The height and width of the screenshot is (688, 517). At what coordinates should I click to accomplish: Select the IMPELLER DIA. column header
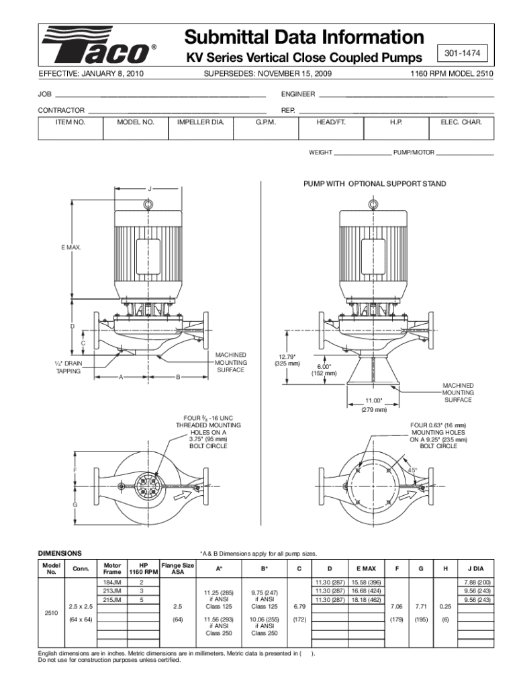tap(200, 123)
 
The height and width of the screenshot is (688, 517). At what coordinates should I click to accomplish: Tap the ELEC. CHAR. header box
tap(461, 123)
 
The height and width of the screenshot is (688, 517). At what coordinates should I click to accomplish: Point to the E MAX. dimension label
tap(70, 248)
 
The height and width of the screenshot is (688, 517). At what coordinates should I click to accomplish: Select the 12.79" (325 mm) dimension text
tap(287, 359)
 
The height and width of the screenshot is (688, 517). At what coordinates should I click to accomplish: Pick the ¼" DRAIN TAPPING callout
tap(68, 367)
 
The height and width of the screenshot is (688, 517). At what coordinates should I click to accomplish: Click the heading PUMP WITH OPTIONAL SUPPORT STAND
tap(374, 183)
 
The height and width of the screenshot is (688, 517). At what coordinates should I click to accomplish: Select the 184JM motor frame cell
tap(112, 581)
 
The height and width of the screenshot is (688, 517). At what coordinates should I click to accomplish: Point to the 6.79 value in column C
tap(299, 607)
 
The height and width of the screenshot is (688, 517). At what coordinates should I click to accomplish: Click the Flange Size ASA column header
tap(178, 568)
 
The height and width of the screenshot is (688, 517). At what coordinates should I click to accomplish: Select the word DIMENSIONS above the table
tap(60, 553)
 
